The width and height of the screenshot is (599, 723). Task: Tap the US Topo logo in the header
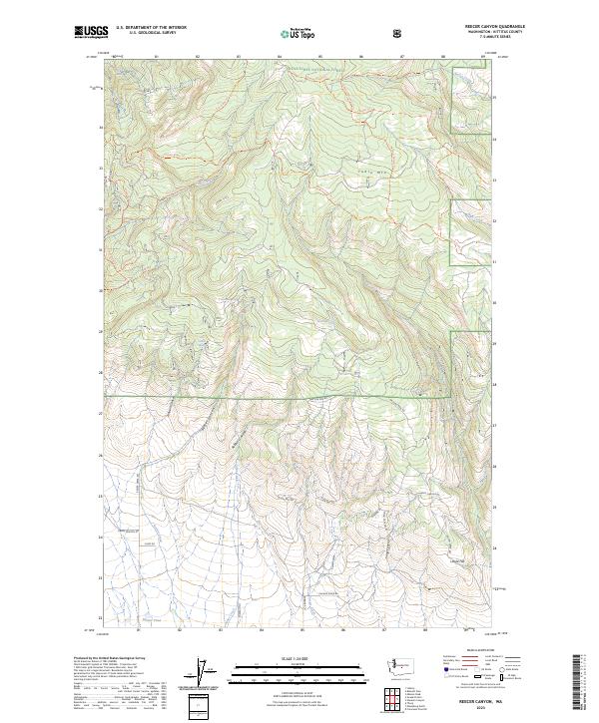pyautogui.click(x=299, y=34)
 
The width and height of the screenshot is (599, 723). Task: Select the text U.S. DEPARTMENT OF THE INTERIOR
pyautogui.click(x=151, y=28)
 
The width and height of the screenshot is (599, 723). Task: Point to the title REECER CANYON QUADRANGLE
pyautogui.click(x=482, y=27)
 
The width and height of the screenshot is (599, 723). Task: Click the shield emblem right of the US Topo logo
pyautogui.click(x=399, y=33)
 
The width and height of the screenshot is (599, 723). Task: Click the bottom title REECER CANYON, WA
pyautogui.click(x=482, y=700)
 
